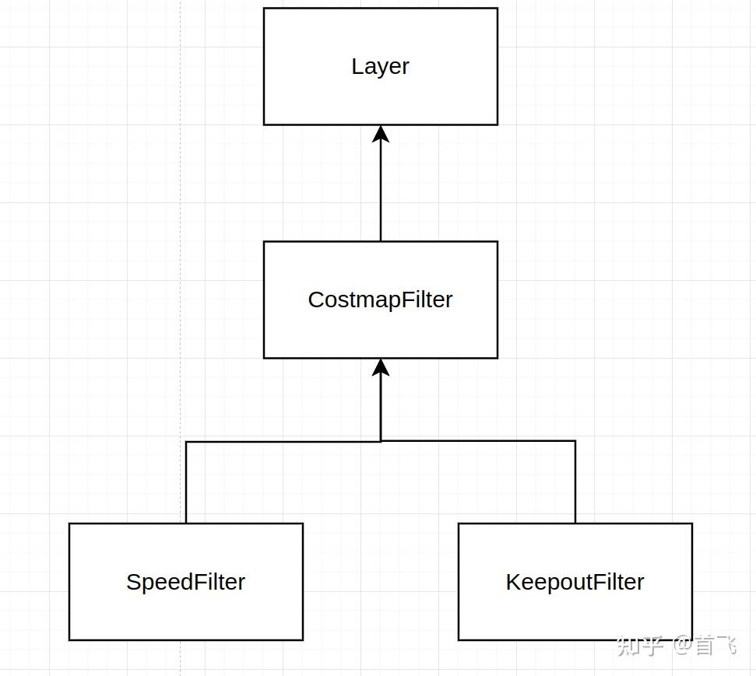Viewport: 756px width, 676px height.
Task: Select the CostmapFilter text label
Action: pos(380,299)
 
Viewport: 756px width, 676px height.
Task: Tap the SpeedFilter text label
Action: pos(185,582)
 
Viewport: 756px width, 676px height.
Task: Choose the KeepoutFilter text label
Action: pos(575,582)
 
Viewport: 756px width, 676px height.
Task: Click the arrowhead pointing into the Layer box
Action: pos(381,134)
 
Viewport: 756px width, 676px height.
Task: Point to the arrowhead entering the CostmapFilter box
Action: pos(381,367)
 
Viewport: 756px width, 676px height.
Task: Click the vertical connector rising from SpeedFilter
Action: pos(186,482)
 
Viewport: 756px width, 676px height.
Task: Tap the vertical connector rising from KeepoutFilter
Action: pos(575,482)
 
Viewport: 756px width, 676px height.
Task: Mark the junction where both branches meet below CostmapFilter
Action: pos(381,441)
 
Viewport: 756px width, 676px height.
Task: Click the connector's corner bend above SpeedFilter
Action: pos(186,442)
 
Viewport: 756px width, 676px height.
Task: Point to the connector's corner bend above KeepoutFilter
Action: pos(575,441)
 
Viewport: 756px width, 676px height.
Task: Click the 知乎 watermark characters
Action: pos(640,645)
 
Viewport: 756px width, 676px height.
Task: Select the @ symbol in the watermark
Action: pos(682,645)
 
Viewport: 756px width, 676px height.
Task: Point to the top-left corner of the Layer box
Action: pos(264,9)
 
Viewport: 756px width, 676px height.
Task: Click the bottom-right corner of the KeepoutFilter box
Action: pos(692,640)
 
